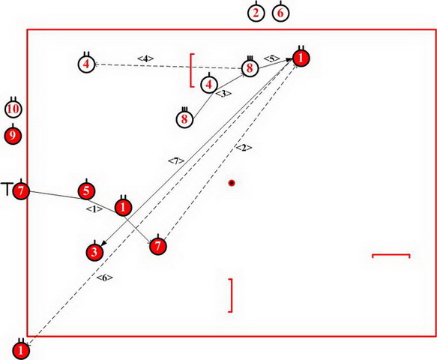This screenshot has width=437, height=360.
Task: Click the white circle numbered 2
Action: (x=256, y=13)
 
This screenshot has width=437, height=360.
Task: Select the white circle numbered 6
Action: (x=280, y=13)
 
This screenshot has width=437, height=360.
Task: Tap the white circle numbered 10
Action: (x=13, y=109)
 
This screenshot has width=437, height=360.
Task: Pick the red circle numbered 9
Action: (x=13, y=136)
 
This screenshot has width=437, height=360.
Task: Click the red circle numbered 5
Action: (x=86, y=191)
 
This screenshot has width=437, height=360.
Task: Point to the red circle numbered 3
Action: (x=94, y=252)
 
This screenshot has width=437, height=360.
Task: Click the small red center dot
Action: (x=232, y=183)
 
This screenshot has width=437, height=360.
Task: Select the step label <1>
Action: (x=94, y=209)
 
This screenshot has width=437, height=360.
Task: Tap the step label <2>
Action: (x=244, y=148)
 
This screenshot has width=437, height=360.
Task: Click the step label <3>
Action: (x=223, y=94)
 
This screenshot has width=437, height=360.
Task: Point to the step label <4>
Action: (x=145, y=58)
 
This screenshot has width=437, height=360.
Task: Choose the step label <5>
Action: (x=272, y=58)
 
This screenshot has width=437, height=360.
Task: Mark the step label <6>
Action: (x=105, y=277)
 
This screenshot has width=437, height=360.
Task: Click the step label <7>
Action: (x=176, y=161)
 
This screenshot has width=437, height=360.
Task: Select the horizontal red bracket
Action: (x=391, y=254)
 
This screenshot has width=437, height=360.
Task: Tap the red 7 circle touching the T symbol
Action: (x=21, y=191)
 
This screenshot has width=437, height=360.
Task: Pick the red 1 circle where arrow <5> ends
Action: (x=301, y=58)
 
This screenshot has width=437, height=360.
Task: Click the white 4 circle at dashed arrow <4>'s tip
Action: (x=86, y=64)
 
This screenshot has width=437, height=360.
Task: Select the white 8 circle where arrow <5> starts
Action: (x=250, y=68)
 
